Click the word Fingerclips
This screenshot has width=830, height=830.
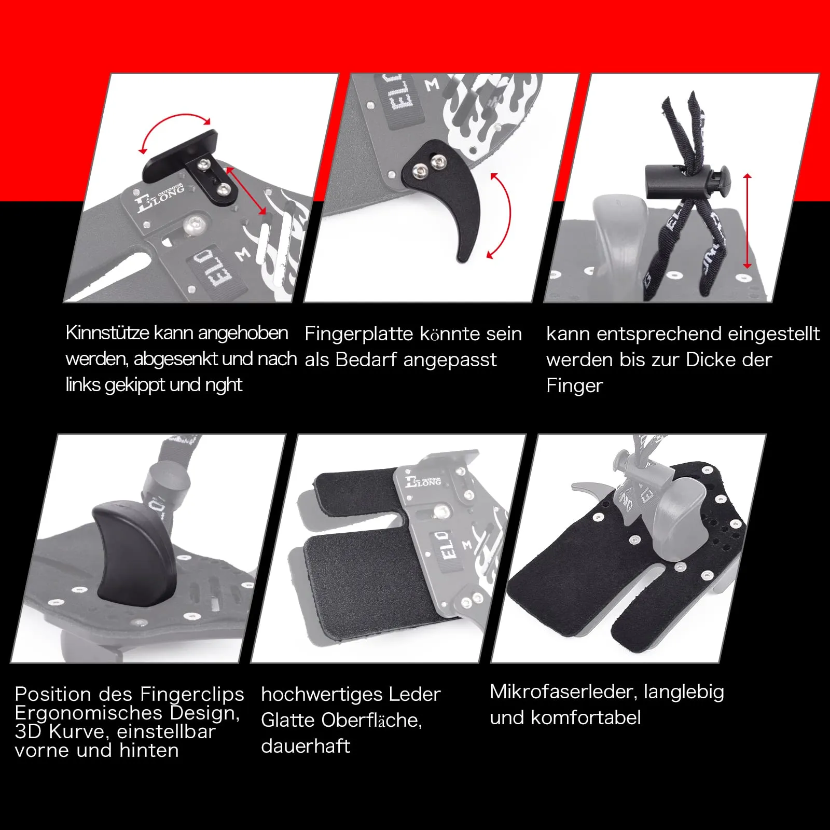(192, 694)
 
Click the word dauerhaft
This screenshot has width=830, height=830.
(306, 746)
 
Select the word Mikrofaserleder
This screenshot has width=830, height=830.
(563, 692)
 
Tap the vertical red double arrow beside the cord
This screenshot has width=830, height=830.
(747, 221)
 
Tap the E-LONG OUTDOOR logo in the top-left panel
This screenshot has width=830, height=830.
(159, 197)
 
